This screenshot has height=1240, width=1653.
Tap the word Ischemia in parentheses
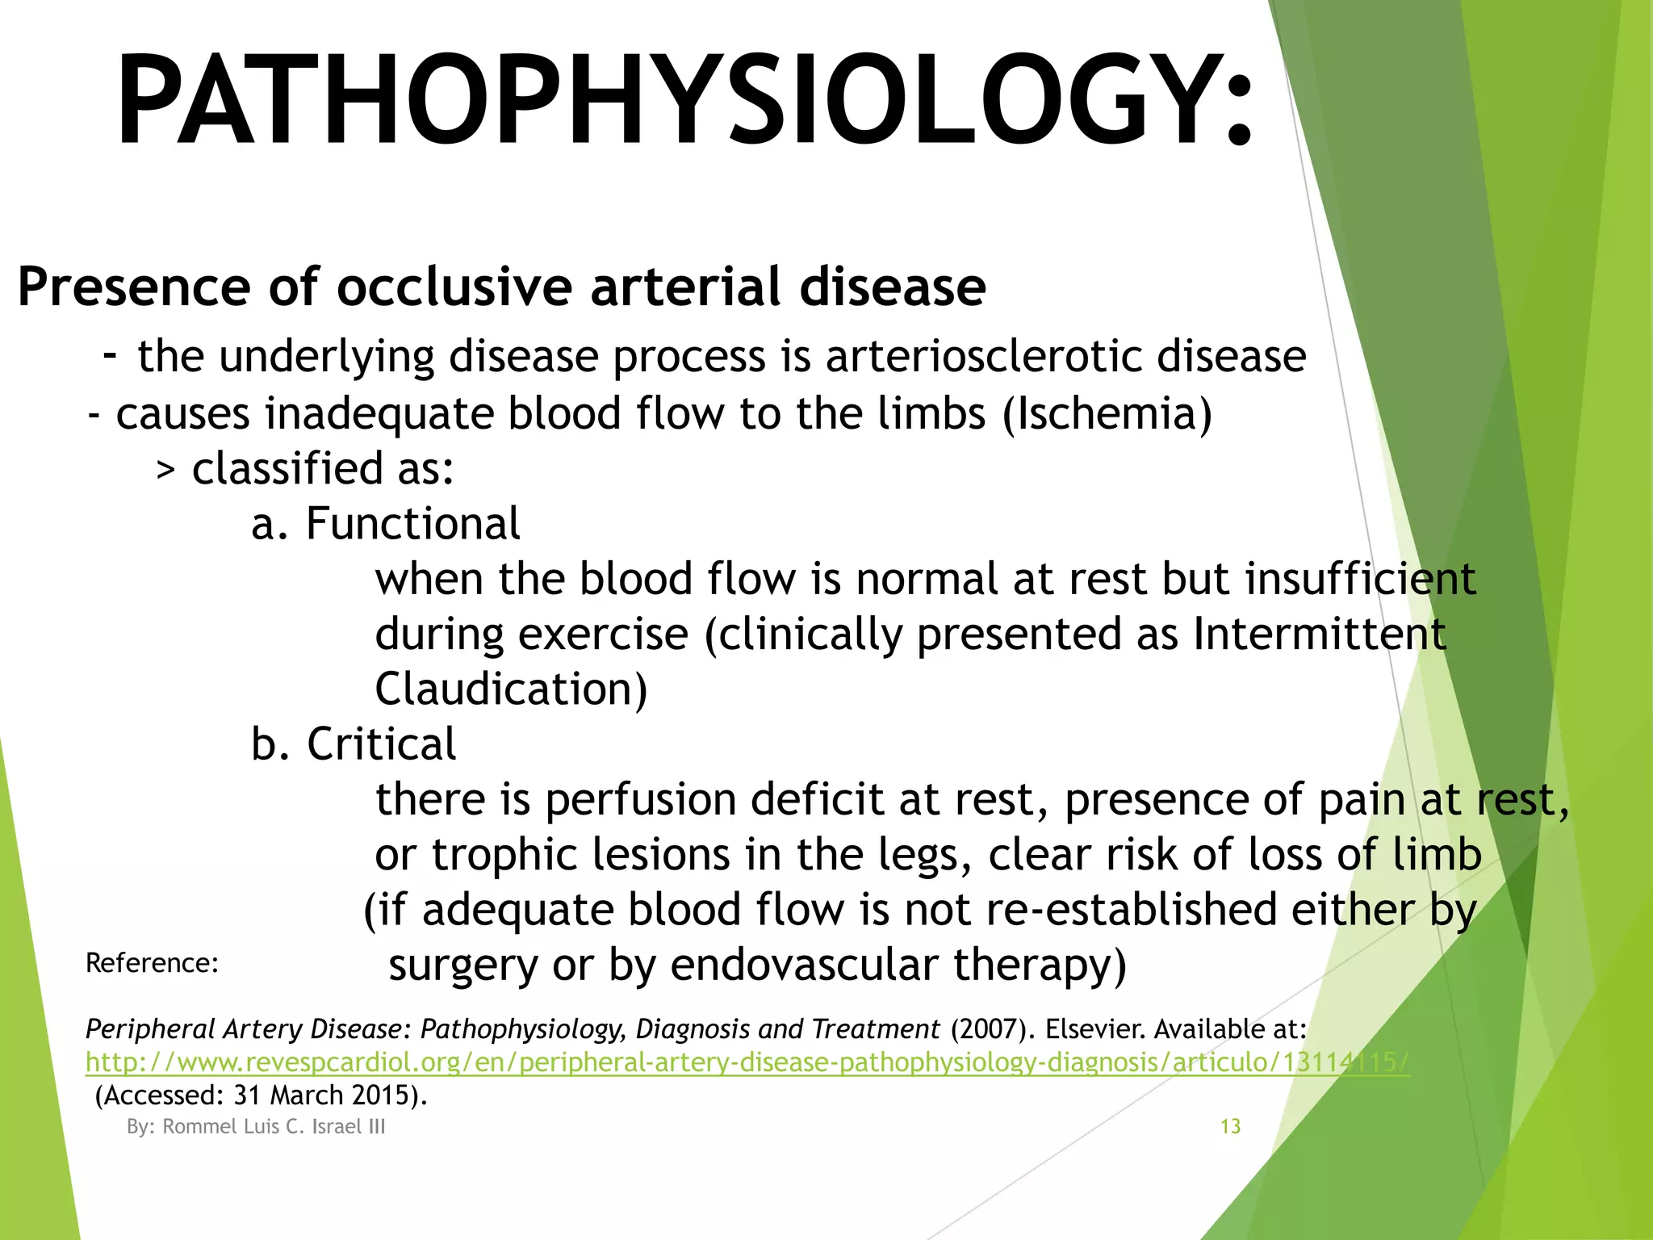(1107, 413)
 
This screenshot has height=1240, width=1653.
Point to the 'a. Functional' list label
(385, 524)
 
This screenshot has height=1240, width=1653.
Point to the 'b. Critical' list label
(353, 744)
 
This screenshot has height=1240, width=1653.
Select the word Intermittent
(1319, 634)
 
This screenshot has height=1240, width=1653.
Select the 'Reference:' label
(152, 963)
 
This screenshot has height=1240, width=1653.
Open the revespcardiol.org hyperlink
(747, 1062)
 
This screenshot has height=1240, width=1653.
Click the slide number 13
(1230, 1126)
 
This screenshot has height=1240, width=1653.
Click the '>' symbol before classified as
(165, 471)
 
